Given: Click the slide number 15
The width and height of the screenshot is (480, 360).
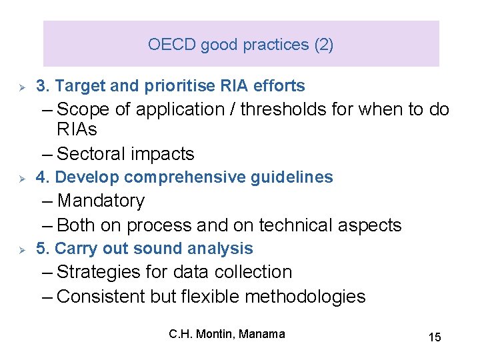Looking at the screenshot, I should (x=434, y=337).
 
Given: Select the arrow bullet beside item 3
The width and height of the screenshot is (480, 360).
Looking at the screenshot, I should (x=21, y=87).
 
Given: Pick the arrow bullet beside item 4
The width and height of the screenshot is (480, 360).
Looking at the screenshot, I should (x=21, y=178).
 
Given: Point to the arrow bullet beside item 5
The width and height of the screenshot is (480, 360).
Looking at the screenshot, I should (x=21, y=249).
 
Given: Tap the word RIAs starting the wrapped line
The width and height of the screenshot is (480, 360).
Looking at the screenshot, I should (x=77, y=129).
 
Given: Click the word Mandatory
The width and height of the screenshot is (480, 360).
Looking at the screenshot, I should (x=101, y=201).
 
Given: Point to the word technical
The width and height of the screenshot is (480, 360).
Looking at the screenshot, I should (x=299, y=225).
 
